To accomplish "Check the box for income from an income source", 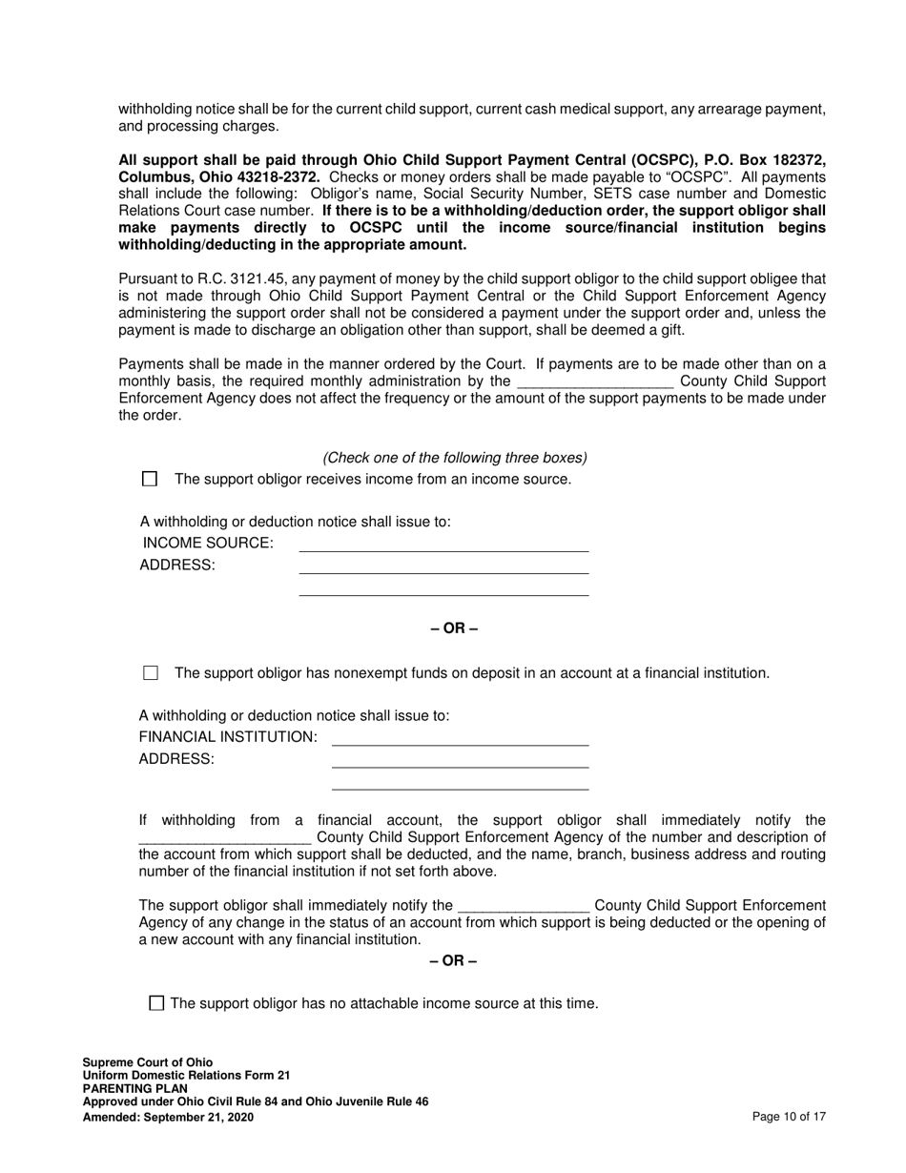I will click(149, 479).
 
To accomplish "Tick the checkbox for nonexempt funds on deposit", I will click(150, 673).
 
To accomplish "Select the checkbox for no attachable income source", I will click(157, 1003).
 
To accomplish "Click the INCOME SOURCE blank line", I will click(443, 545).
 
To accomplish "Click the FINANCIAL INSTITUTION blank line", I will click(460, 738).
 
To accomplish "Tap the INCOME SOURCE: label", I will click(208, 544).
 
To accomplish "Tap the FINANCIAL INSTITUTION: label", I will click(228, 737).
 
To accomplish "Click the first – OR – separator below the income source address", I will click(454, 628).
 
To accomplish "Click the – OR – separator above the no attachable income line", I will click(454, 960).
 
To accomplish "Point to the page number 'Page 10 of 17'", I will click(789, 1116).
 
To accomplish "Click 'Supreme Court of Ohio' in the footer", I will click(148, 1062).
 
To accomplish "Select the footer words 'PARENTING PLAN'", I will click(134, 1089).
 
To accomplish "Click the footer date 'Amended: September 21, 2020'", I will click(168, 1116).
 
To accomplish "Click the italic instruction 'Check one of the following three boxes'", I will click(455, 458).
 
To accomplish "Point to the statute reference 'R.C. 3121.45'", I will click(220, 279).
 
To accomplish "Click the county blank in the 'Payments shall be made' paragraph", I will click(595, 381).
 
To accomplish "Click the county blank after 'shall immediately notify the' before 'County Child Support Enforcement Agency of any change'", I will click(524, 905).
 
